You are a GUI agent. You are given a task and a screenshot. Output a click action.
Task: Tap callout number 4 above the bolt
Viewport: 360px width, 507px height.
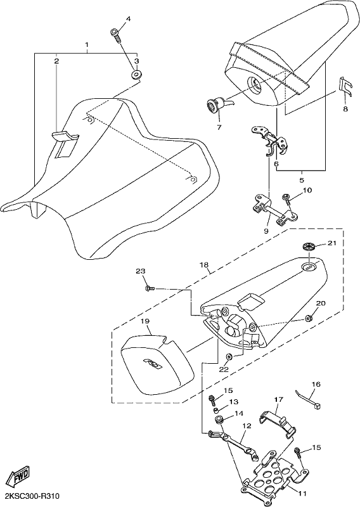tap(128, 19)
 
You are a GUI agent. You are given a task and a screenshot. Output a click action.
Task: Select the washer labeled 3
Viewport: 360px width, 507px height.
tap(137, 75)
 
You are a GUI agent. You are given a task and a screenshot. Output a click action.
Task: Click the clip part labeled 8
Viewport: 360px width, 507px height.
tap(346, 86)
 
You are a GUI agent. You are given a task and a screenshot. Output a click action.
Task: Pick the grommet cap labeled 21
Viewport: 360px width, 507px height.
tap(310, 247)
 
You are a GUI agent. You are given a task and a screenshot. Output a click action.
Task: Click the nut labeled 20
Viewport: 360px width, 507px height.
tap(309, 319)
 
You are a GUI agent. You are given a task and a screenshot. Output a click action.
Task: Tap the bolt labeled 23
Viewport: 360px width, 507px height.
tap(150, 288)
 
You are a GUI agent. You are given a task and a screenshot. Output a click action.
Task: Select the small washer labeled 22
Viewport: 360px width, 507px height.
tap(229, 357)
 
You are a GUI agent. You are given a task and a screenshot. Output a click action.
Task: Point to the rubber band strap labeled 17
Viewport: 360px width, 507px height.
tap(279, 421)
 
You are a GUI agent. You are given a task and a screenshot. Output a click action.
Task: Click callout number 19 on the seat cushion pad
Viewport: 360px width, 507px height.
tap(145, 321)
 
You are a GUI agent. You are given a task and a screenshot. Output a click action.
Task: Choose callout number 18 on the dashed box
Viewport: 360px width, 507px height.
tap(204, 264)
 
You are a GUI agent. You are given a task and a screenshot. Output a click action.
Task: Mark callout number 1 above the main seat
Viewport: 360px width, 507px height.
tap(87, 43)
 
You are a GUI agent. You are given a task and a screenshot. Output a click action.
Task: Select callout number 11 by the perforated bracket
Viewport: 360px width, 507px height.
tap(302, 494)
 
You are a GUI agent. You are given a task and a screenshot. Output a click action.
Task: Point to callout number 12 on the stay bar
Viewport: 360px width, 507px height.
tap(247, 426)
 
